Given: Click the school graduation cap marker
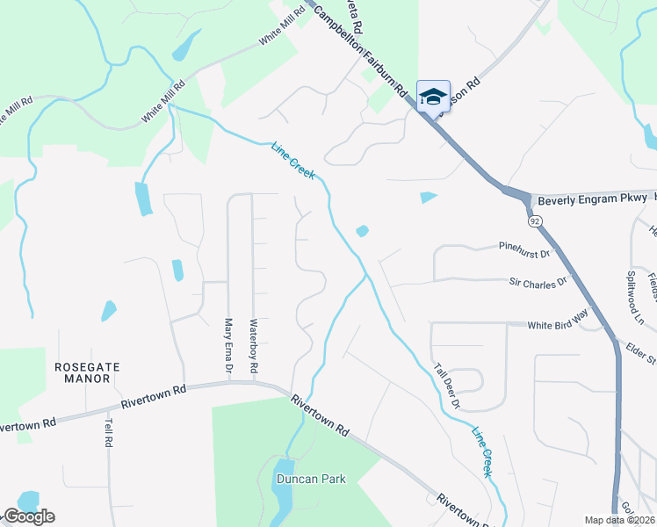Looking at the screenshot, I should pos(433,96).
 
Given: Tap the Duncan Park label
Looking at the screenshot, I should pos(311,480).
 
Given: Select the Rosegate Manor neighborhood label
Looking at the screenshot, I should pos(86,372).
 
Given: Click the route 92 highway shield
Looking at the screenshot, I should pos(533,221).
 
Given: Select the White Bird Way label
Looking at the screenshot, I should pos(557,325).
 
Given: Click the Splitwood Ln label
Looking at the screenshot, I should pos(639,283).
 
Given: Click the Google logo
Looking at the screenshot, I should pos(28,516).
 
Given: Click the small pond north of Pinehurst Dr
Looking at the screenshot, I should pos(428,197).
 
